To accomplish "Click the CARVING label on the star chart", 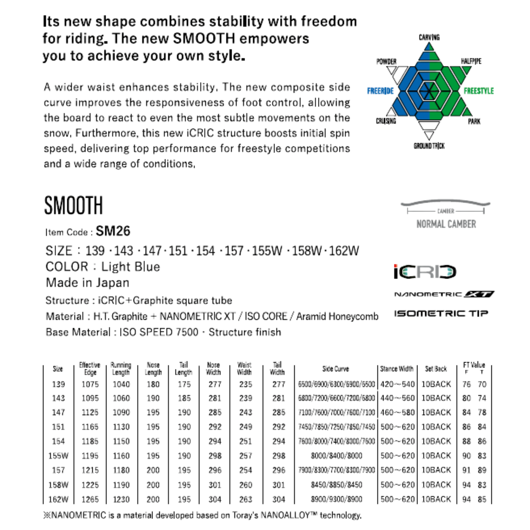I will (x=429, y=37).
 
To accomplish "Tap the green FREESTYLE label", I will (x=479, y=91).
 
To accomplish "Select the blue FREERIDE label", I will (x=380, y=91).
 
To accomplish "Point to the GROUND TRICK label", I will (x=429, y=146).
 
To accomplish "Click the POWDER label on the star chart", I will (x=386, y=61).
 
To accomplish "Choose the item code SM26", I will (x=113, y=231).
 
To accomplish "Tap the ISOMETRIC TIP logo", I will (x=441, y=313).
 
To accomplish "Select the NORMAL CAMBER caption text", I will (x=446, y=224).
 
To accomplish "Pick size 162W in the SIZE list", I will (x=344, y=251).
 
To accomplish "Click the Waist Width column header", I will (x=244, y=369).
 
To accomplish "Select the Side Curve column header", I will (x=335, y=369).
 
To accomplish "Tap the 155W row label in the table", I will (x=58, y=456).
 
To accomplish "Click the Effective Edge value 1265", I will (x=90, y=499).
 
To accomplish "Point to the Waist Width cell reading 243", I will (x=246, y=412).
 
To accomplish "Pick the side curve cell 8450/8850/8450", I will (x=336, y=485).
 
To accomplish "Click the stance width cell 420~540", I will (x=397, y=384).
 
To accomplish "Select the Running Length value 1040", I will (x=121, y=384).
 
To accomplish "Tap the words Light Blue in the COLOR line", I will (x=131, y=267).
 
